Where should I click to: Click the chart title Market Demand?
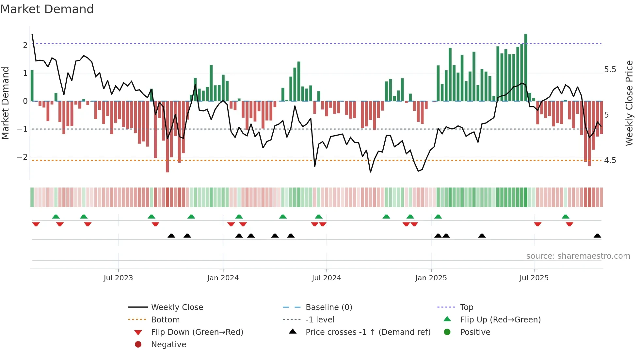click(47, 9)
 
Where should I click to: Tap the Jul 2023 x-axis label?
click(118, 278)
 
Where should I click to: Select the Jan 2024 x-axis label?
click(223, 278)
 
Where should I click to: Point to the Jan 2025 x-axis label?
click(431, 278)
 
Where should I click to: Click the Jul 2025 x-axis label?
click(534, 278)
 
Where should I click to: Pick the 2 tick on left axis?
click(25, 45)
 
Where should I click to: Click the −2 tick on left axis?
click(23, 157)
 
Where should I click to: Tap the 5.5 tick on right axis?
click(610, 70)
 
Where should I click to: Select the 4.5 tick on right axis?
click(610, 160)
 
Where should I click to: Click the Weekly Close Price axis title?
click(629, 103)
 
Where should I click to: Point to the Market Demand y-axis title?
click(5, 103)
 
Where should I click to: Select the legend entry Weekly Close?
click(177, 307)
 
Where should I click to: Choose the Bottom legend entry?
click(165, 320)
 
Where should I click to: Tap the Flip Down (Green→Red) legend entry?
click(197, 332)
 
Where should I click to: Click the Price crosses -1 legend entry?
click(368, 332)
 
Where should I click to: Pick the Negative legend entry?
click(168, 345)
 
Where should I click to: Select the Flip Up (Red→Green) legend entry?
click(500, 320)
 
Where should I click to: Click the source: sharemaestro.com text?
click(578, 256)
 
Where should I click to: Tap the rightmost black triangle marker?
click(597, 236)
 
